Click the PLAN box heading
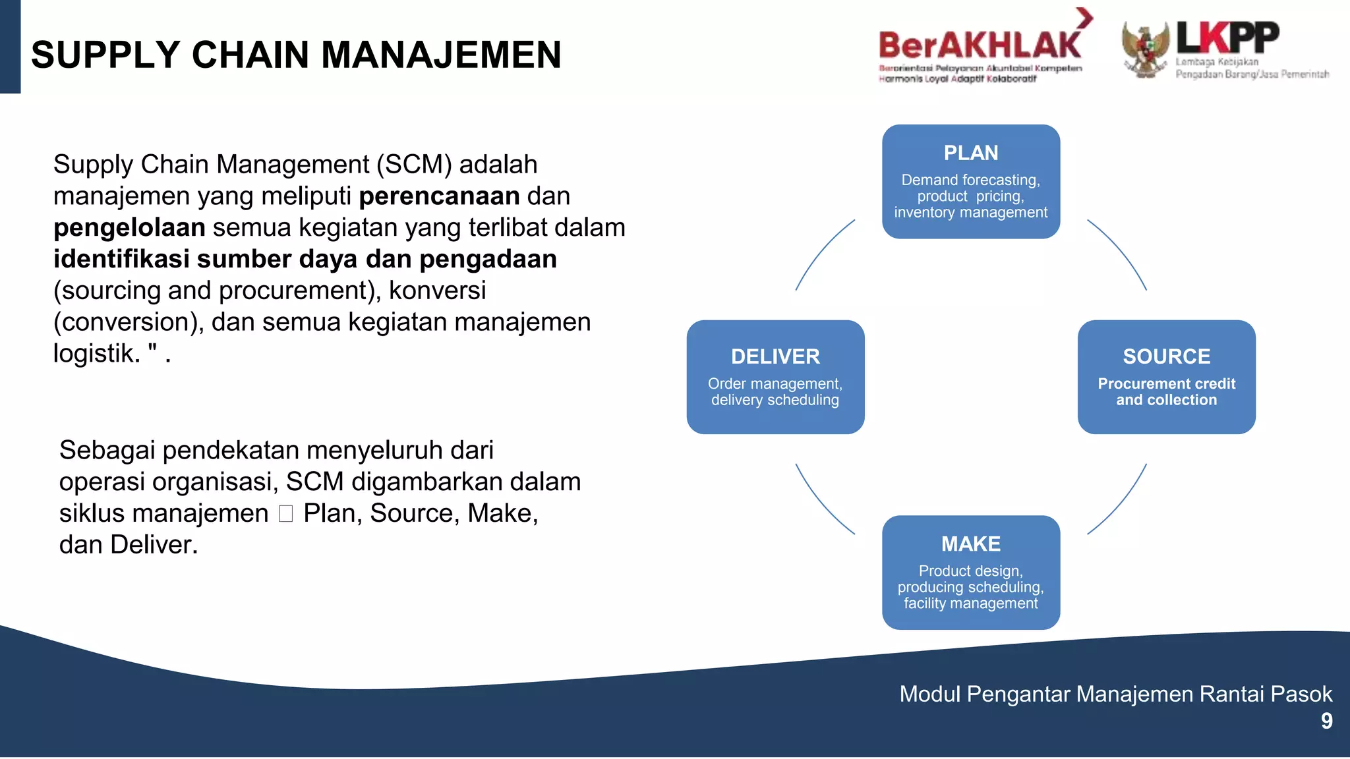click(x=970, y=153)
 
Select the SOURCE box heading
click(x=1166, y=356)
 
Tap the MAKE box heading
click(x=970, y=544)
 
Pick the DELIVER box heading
click(x=775, y=356)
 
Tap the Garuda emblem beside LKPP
click(x=1146, y=49)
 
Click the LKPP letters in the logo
click(x=1227, y=38)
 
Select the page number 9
click(x=1326, y=721)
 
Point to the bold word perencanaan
click(x=439, y=196)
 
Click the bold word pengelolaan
click(x=129, y=228)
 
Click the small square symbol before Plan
click(x=285, y=514)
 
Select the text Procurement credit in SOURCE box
click(x=1166, y=383)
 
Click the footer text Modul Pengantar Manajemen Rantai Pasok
click(x=1115, y=694)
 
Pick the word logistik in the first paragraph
click(x=96, y=354)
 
